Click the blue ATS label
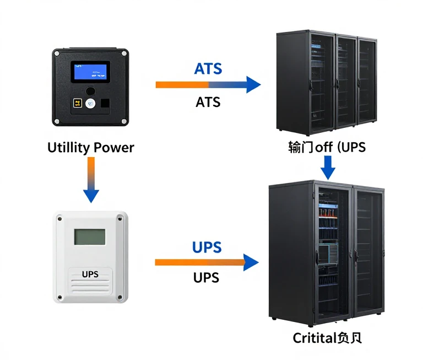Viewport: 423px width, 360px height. (208, 69)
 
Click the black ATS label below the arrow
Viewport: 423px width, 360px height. (208, 102)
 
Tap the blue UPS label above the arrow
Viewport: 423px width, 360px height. (207, 248)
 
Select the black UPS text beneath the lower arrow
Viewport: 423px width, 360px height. (207, 277)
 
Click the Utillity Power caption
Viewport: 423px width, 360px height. (91, 147)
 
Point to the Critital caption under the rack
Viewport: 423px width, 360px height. (327, 337)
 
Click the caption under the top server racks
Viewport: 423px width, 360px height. (327, 147)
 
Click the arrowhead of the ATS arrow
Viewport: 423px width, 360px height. (253, 84)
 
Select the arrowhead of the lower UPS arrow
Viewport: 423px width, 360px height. (251, 262)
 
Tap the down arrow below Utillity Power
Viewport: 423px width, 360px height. (91, 193)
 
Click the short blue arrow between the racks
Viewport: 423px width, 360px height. (328, 168)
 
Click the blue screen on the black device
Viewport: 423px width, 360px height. (89, 72)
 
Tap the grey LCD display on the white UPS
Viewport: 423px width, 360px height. (90, 237)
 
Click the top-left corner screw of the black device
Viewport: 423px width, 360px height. (57, 53)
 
